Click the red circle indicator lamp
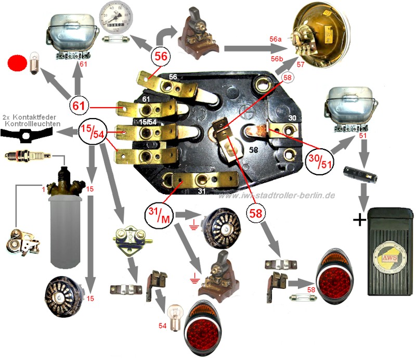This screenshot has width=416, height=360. [x=18, y=65]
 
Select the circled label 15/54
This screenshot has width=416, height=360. [x=93, y=134]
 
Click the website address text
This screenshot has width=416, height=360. [x=276, y=195]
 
